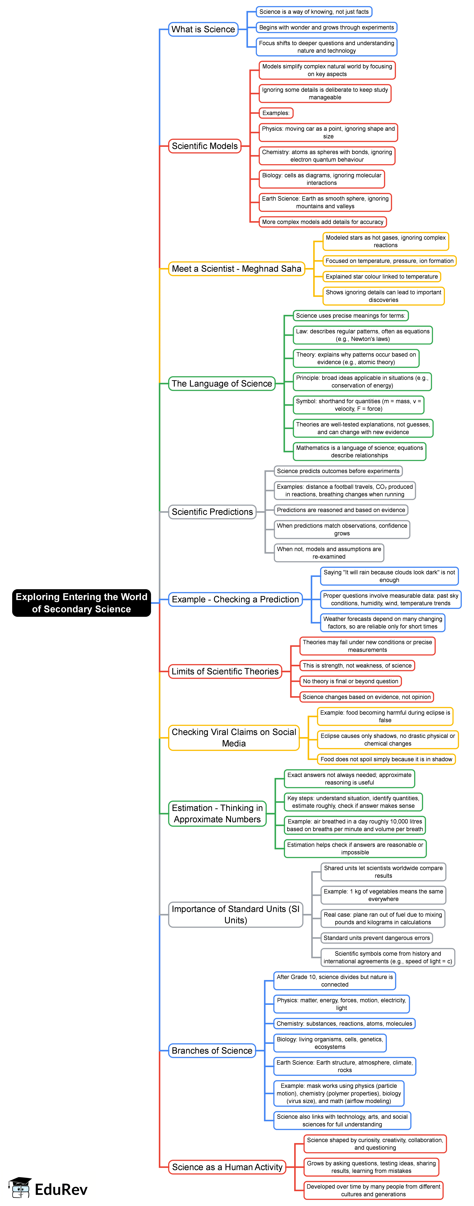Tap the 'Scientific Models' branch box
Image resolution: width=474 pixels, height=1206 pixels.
click(204, 146)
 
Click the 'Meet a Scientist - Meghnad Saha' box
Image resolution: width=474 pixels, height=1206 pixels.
click(236, 269)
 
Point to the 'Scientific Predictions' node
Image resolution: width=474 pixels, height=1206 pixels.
click(212, 512)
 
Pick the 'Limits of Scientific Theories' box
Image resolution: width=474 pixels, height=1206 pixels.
click(225, 671)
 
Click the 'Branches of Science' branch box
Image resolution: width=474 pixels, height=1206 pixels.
click(212, 1051)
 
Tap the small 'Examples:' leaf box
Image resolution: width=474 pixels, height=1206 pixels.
click(276, 113)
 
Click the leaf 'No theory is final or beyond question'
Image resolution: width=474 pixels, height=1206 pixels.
click(350, 681)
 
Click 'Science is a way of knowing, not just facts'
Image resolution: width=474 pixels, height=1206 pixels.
click(314, 12)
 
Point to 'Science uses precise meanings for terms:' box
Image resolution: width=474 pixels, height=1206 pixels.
click(350, 316)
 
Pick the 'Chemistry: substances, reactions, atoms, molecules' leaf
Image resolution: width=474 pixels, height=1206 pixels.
click(344, 1023)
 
